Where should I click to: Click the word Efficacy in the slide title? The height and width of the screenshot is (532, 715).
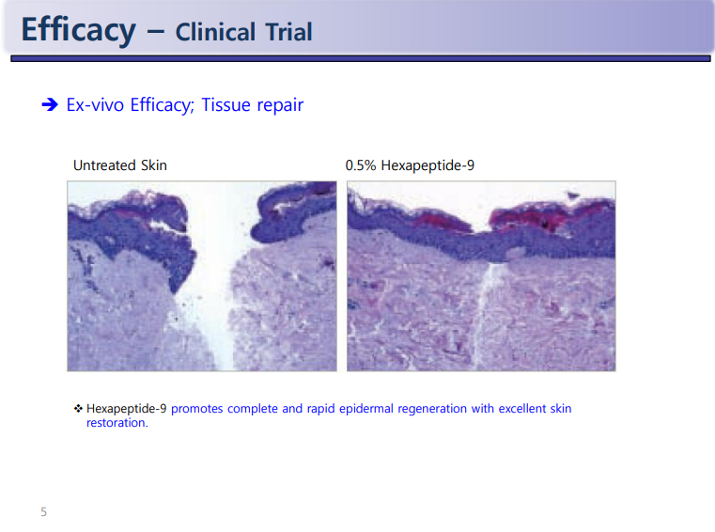78,30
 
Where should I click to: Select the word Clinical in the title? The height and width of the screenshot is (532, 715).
215,32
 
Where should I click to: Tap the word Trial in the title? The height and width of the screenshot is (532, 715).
288,32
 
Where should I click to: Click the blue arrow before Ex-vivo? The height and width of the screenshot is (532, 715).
50,104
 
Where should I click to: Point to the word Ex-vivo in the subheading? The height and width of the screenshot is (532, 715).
95,104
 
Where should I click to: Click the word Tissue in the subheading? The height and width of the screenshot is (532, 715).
225,104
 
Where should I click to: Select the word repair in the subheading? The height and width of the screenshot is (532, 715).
280,106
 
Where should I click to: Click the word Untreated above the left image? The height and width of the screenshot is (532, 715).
104,165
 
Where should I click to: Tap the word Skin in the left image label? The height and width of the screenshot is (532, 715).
154,165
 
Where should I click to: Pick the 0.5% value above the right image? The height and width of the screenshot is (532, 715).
361,165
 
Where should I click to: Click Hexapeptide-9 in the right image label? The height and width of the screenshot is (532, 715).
427,165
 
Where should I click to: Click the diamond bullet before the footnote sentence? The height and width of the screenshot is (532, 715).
78,408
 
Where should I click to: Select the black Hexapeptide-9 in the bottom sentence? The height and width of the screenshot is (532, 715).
126,409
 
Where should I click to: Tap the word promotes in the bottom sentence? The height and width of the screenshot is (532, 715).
197,409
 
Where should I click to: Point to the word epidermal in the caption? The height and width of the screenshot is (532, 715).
366,409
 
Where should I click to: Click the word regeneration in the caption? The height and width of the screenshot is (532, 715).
432,409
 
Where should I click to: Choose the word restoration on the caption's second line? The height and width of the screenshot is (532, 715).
117,423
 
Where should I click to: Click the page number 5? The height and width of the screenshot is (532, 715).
44,512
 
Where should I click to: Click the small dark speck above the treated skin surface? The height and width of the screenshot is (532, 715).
573,196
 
